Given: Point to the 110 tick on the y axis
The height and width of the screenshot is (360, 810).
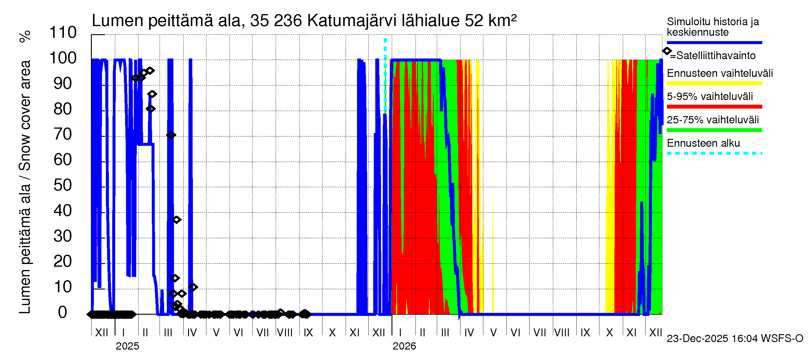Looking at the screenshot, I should pos(63,33).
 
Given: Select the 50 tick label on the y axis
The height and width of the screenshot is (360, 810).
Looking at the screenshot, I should pos(63,185).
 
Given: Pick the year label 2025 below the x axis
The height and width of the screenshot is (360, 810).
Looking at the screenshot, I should pos(127,346).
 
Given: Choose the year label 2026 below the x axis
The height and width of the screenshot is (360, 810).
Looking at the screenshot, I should pos(404,346).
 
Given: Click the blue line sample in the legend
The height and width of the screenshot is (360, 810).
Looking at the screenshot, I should pos(714,42).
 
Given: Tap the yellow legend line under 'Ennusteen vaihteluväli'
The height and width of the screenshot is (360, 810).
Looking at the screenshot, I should pos(714,83).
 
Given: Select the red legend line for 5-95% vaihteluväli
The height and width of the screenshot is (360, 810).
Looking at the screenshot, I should pos(714,106).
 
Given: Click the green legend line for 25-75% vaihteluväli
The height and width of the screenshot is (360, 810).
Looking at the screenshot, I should pos(714,130).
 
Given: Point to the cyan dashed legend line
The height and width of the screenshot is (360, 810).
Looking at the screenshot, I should pos(714,153).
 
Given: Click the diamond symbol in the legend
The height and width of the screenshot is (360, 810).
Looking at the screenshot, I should pos(667,51).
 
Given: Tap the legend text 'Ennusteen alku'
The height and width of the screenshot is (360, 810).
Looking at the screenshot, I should pos(703,143).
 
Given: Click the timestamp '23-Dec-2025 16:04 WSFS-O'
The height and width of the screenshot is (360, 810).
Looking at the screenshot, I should pos(734,338).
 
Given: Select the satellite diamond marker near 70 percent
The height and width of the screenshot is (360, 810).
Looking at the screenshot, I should pos(171,135).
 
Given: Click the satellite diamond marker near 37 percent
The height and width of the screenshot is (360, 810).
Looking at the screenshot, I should pos(176,220).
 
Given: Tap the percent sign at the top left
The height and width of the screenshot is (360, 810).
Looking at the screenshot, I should pos(25,37).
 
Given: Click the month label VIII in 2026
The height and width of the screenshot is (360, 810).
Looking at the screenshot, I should pos(562,333).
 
